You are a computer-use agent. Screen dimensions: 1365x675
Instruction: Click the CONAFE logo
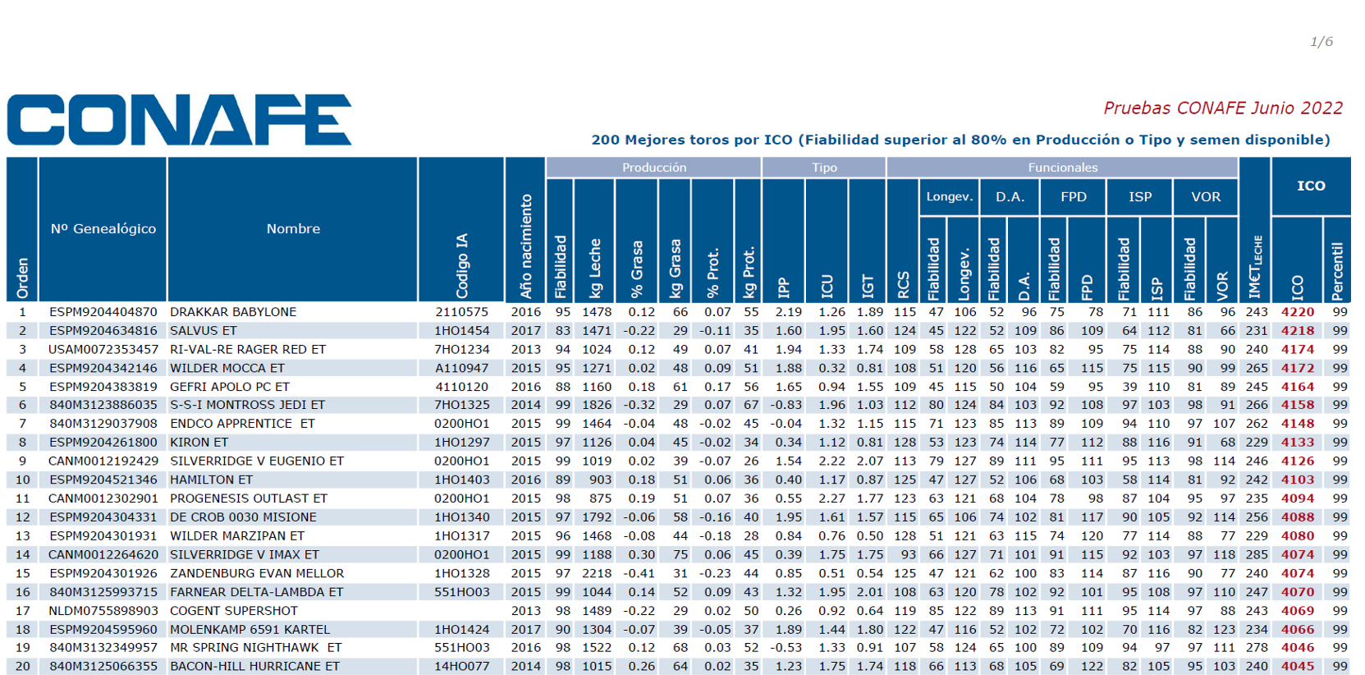click(x=179, y=120)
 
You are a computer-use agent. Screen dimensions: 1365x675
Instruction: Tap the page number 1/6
click(x=1321, y=41)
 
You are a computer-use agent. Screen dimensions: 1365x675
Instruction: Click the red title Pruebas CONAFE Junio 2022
click(x=1223, y=108)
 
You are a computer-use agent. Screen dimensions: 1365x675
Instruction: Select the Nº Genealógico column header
click(x=103, y=228)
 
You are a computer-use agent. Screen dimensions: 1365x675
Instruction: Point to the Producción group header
click(x=654, y=167)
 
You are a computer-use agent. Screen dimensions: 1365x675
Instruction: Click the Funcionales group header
click(x=1063, y=167)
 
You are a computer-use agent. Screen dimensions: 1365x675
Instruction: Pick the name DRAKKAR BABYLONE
click(x=233, y=311)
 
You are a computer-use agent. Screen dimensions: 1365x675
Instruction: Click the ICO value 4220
click(x=1298, y=311)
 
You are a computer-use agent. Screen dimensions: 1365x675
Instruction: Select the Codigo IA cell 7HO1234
click(x=461, y=349)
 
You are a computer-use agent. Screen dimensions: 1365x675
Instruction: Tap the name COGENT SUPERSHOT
click(x=233, y=610)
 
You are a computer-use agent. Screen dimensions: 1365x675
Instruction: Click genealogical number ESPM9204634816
click(x=103, y=330)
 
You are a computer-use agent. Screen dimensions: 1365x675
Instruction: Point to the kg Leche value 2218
click(x=597, y=573)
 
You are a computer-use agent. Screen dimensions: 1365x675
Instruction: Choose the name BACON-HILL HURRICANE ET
click(x=254, y=666)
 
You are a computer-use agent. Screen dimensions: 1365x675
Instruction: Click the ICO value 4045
click(x=1298, y=666)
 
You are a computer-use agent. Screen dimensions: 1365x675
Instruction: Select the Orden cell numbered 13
click(x=22, y=535)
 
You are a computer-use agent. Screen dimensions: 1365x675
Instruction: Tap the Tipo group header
click(x=824, y=167)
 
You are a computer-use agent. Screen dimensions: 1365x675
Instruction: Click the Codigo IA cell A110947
click(x=461, y=368)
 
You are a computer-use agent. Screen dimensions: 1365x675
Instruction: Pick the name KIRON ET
click(x=199, y=442)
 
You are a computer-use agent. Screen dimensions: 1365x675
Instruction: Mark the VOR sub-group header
click(x=1205, y=196)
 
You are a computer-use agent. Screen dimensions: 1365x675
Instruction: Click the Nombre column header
click(x=292, y=228)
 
